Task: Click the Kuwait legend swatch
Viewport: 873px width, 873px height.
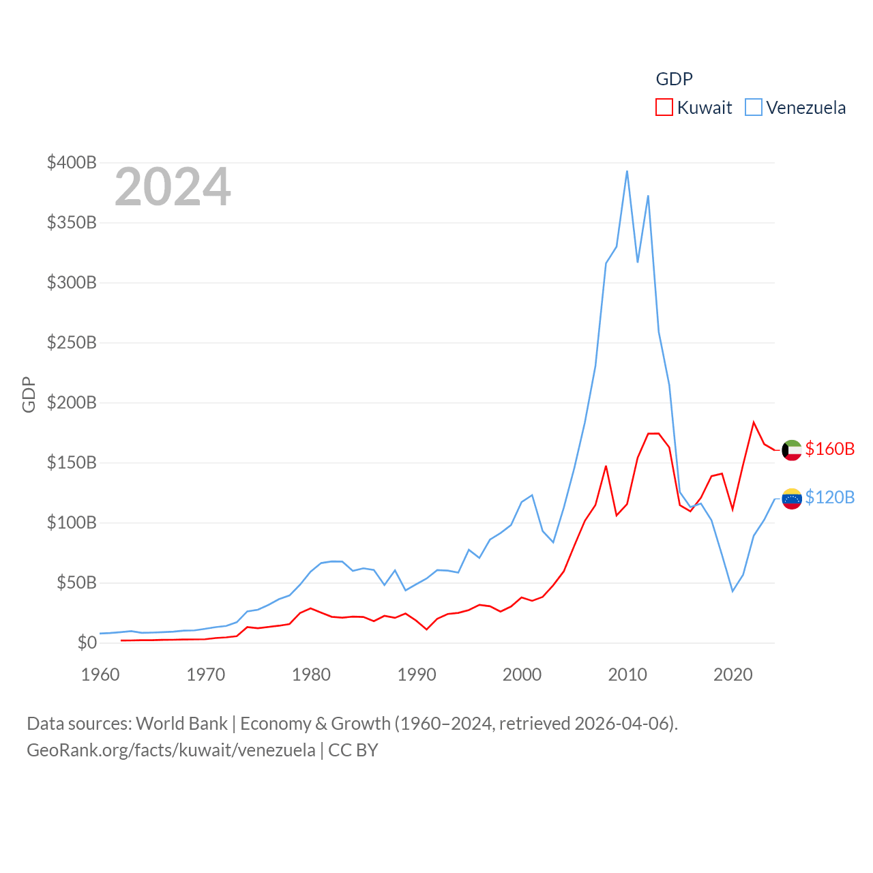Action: coord(664,108)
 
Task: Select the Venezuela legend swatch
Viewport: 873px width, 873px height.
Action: coord(753,108)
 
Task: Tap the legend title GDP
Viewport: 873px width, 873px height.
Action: coord(674,79)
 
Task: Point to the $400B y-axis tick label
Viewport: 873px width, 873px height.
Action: coord(72,162)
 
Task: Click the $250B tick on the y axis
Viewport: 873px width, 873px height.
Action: coord(72,342)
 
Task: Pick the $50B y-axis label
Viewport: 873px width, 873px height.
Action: coord(76,582)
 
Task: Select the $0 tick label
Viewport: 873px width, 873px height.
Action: coord(87,642)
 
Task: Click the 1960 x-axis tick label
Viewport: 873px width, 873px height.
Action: coord(100,675)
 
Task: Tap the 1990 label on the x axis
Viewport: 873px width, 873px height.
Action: coord(417,675)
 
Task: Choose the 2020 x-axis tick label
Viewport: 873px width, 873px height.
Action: coord(733,675)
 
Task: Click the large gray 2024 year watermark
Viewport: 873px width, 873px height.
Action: coord(173,187)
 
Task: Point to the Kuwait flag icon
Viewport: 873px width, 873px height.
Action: coord(791,450)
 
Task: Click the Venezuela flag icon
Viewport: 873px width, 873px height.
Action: coord(791,499)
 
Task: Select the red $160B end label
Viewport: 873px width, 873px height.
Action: coord(829,449)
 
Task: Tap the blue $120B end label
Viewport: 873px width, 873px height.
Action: coord(829,497)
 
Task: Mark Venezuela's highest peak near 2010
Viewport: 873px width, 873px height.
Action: coord(627,171)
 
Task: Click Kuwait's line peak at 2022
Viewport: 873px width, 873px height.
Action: coord(754,422)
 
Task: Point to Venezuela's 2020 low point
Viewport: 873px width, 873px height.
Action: coord(733,591)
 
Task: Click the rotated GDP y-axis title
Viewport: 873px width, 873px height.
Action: coord(29,394)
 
